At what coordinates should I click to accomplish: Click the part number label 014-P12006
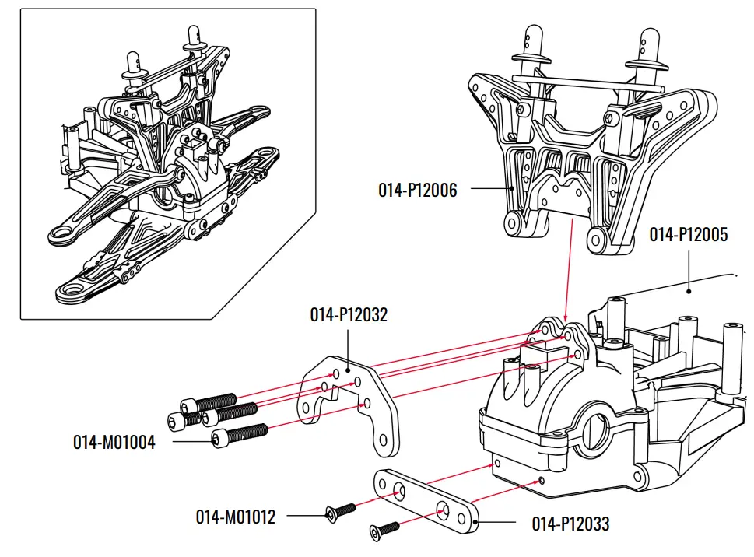click(417, 189)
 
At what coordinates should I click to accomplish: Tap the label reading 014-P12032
click(348, 314)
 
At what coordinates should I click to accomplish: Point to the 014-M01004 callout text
click(114, 443)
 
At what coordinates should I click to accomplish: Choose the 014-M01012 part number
click(235, 517)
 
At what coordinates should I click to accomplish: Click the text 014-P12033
click(570, 524)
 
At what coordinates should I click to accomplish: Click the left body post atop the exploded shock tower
click(532, 47)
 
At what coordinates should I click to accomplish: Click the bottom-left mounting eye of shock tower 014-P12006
click(512, 224)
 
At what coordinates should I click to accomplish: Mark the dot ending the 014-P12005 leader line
click(735, 275)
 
